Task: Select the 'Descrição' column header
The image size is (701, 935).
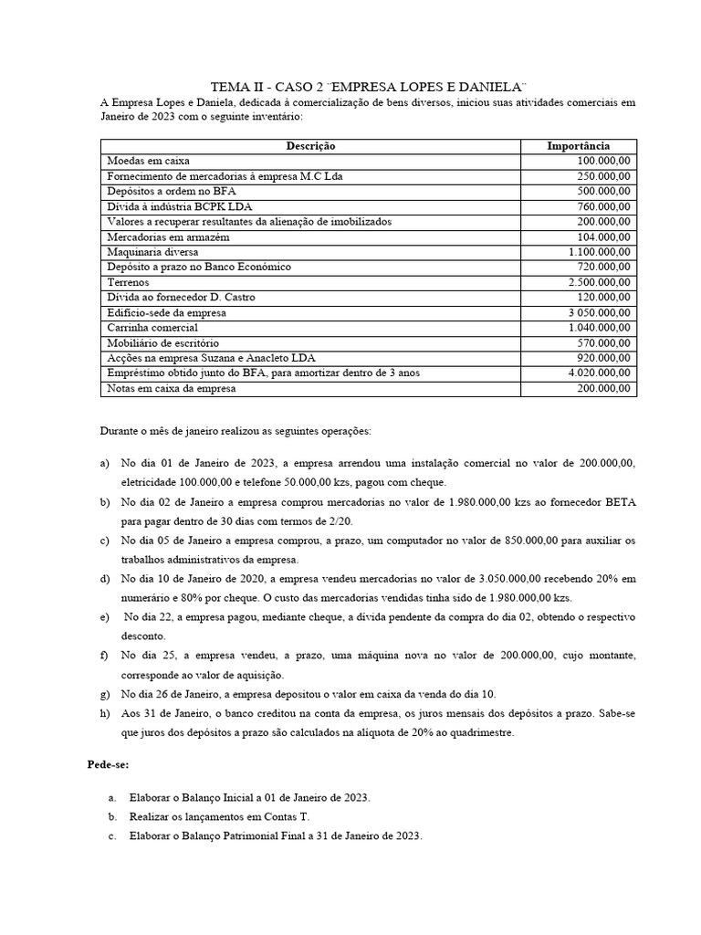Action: (x=310, y=146)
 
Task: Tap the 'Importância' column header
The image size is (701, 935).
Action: (x=578, y=146)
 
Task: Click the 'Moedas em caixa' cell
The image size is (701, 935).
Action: (x=148, y=161)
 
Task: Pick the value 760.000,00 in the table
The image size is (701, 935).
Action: (x=599, y=206)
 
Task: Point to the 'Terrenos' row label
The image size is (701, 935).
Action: (x=130, y=282)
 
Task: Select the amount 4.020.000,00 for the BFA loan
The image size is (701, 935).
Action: (x=593, y=373)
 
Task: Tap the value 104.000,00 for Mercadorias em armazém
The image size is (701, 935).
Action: (x=599, y=236)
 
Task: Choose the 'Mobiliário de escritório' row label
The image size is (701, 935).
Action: (x=165, y=343)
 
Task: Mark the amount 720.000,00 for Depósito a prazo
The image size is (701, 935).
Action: (x=599, y=268)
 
